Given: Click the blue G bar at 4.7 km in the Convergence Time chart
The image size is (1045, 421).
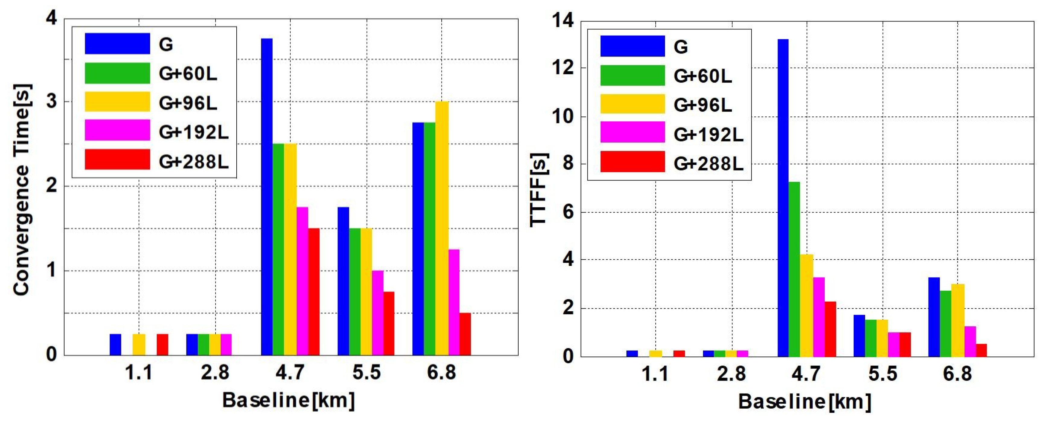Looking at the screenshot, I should (267, 197).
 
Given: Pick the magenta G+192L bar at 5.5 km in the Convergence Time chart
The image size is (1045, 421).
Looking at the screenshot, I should (377, 313).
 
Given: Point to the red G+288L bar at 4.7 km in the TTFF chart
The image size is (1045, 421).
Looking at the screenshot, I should (830, 329).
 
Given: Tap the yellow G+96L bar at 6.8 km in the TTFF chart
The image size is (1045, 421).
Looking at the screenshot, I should (957, 320).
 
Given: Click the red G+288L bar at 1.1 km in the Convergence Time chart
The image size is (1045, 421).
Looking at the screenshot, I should (162, 345).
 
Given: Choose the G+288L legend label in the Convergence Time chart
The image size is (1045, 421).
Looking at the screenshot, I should (193, 162).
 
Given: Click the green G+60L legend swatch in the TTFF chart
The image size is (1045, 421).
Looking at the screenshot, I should (632, 76).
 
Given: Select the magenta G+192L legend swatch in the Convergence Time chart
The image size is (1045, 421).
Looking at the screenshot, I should (117, 130).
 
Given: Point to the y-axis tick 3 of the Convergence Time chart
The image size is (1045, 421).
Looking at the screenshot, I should (52, 102).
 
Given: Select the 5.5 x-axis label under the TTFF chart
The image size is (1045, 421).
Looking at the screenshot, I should (882, 374).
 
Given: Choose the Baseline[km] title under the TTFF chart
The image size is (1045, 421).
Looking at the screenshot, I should (804, 402).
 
